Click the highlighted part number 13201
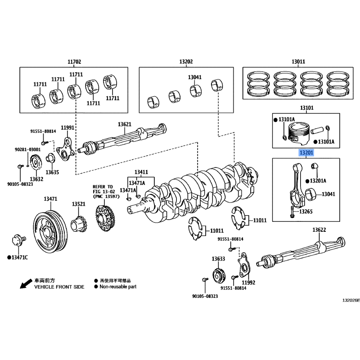coord(306,153)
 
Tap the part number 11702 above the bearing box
coord(74,62)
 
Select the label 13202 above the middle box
coord(186,62)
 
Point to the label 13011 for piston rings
coord(298,62)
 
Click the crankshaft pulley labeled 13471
coord(50,232)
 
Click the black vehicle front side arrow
coord(26,284)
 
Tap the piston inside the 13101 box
coord(298,134)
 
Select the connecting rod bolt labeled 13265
coord(292,211)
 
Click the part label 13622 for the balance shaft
coord(319,230)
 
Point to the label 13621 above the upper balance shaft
coord(125,124)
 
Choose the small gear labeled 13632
coord(36,162)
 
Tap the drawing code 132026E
coord(351,300)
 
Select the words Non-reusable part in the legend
coord(118,287)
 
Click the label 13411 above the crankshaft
coord(141,172)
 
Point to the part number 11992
coord(248,283)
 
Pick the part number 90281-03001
coord(28,149)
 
